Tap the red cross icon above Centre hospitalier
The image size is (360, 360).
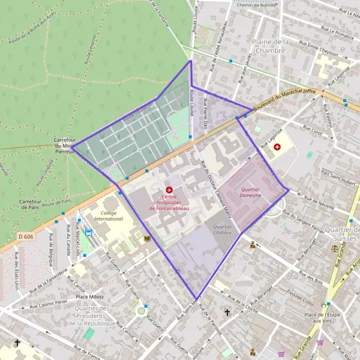tap(169, 190)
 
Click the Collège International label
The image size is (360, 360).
tap(108, 216)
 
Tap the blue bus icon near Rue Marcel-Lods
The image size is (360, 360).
tap(89, 232)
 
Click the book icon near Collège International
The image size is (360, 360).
tap(147, 239)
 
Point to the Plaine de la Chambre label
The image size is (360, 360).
tap(271, 46)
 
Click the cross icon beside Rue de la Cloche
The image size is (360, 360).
tap(227, 313)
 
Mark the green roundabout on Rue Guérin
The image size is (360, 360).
tap(142, 310)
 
